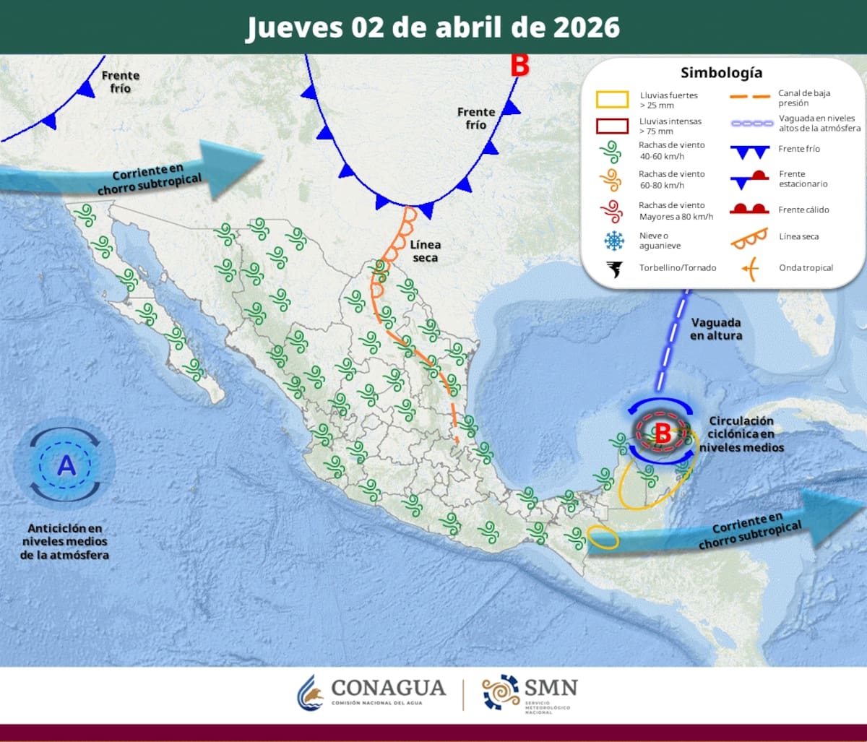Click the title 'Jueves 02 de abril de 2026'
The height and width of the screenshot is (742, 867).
click(x=433, y=27)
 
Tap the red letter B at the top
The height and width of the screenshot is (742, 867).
click(x=519, y=66)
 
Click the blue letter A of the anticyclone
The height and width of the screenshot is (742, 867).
click(x=66, y=466)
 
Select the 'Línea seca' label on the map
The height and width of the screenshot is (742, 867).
click(x=425, y=251)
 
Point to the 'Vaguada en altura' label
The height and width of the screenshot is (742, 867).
click(x=716, y=329)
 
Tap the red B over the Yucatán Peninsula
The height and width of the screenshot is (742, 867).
click(x=662, y=434)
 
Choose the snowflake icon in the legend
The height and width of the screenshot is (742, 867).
click(x=613, y=241)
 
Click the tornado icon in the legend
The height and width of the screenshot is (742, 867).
click(x=613, y=269)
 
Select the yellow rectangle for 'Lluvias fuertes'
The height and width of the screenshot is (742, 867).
click(x=612, y=99)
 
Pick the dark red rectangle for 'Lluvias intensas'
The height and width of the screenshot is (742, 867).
click(x=612, y=126)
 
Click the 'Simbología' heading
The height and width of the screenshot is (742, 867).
click(x=721, y=73)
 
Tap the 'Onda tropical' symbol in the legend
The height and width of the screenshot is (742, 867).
click(x=750, y=268)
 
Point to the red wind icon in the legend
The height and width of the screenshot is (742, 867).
click(x=613, y=210)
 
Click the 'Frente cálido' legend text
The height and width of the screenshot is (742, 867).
click(x=804, y=210)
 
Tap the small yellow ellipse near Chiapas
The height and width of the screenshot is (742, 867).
click(x=602, y=537)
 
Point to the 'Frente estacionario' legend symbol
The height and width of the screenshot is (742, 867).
click(x=750, y=178)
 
